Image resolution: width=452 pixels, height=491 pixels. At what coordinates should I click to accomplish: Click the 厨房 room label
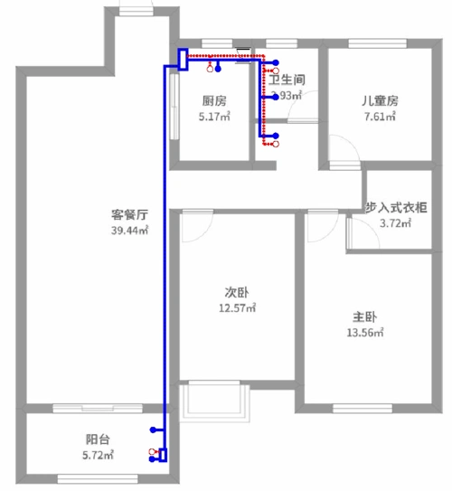pyautogui.click(x=213, y=100)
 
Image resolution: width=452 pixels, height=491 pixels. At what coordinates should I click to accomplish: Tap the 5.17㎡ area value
pyautogui.click(x=214, y=116)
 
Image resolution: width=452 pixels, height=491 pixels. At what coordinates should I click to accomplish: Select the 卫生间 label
pyautogui.click(x=287, y=80)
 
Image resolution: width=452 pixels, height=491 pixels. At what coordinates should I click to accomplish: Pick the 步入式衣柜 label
pyautogui.click(x=398, y=207)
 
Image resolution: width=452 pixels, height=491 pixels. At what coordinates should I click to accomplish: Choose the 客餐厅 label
pyautogui.click(x=129, y=215)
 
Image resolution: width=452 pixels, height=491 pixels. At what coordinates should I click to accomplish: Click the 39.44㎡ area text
pyautogui.click(x=129, y=231)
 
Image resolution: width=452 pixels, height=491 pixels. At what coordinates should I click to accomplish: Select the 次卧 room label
pyautogui.click(x=237, y=292)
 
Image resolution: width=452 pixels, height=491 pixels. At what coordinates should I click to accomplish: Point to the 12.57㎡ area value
pyautogui.click(x=237, y=307)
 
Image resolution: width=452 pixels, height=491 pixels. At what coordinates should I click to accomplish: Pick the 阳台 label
pyautogui.click(x=98, y=439)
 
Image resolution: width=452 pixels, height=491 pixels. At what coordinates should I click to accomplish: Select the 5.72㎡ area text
pyautogui.click(x=98, y=455)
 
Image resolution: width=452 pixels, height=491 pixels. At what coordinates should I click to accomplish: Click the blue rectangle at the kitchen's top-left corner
pyautogui.click(x=182, y=59)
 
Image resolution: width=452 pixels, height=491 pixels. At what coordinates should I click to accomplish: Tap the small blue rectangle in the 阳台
pyautogui.click(x=163, y=455)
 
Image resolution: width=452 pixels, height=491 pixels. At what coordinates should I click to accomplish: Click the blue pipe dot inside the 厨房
pyautogui.click(x=217, y=67)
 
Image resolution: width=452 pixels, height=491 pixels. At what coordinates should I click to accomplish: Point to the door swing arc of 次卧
pyautogui.click(x=193, y=226)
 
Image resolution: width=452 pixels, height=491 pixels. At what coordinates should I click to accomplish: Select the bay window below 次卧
pyautogui.click(x=213, y=401)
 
